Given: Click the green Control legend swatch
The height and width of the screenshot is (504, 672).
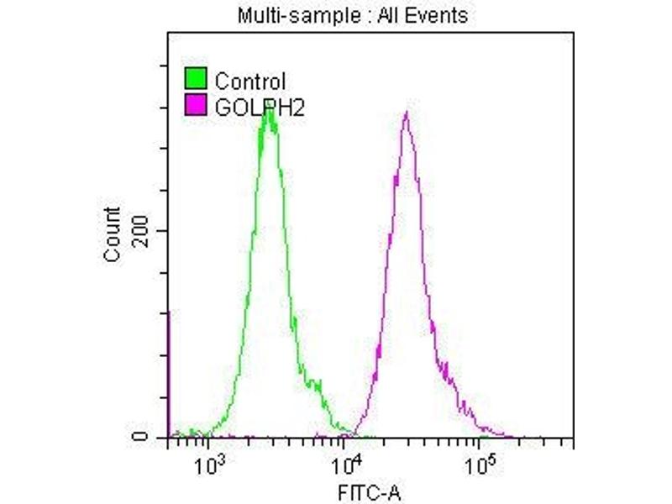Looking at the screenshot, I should pyautogui.click(x=195, y=81).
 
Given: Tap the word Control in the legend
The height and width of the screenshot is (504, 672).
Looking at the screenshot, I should pyautogui.click(x=250, y=81).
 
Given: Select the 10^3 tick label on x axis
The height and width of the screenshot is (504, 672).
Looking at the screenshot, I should pyautogui.click(x=207, y=461).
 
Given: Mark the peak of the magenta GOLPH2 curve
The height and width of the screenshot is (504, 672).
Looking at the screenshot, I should pyautogui.click(x=407, y=113).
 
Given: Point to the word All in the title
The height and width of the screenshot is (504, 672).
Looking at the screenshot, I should pyautogui.click(x=360, y=15).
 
